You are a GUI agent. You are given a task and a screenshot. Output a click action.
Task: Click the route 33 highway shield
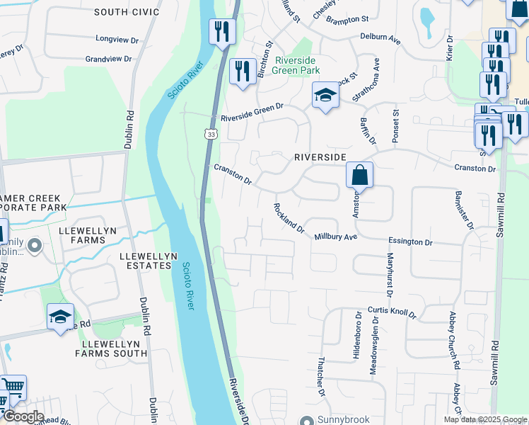point(211,134)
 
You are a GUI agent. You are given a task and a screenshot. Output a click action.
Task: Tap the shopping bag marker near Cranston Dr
point(359,174)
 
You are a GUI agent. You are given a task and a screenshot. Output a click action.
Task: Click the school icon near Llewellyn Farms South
point(61,317)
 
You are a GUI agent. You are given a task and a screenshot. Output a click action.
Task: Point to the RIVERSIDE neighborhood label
point(320,156)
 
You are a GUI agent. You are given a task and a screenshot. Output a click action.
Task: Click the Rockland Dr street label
point(289,219)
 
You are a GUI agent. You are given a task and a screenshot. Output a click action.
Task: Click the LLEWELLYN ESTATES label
point(146,260)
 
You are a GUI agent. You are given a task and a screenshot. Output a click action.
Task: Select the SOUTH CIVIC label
point(127,12)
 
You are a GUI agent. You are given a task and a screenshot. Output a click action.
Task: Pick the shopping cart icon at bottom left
point(13,387)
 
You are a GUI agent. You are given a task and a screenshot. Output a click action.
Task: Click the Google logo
point(23,416)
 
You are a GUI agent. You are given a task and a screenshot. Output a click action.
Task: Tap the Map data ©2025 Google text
point(484,419)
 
